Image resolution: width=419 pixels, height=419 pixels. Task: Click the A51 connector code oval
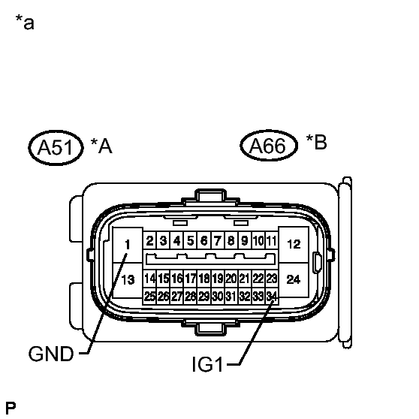point(56,148)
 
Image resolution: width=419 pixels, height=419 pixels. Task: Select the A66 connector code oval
point(269,145)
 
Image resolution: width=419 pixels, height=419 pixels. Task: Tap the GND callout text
point(51,354)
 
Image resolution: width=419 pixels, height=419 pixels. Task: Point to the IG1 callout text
point(207,364)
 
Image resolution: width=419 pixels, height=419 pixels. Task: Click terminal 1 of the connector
point(128,245)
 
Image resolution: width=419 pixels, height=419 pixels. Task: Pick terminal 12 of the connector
point(294,244)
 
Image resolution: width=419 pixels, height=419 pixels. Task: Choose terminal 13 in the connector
point(128,280)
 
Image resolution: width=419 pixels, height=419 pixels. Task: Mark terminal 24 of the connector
point(294,279)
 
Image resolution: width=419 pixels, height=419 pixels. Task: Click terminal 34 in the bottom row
point(272,296)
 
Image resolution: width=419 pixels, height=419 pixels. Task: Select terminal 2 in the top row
point(149,240)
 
